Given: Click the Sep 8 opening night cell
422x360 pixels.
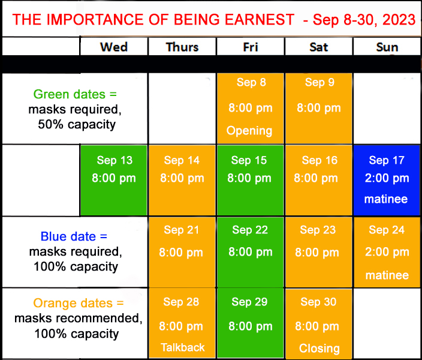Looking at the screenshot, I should pos(251,108).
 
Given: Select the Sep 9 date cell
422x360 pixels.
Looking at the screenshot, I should pos(319,108).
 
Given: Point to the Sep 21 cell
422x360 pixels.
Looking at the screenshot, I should pos(182,252).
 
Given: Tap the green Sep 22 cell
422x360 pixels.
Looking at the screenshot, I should pos(250,252).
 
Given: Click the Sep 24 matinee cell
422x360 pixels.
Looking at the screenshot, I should pos(387,252).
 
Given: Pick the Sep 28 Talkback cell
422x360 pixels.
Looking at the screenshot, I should pos(182,324).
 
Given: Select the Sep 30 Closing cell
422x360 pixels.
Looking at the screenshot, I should pos(319,324).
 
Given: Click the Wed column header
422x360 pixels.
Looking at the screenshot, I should pos(114,47).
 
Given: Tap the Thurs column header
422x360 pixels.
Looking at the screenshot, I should pos(182,47).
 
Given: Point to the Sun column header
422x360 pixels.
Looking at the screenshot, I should pos(387,47).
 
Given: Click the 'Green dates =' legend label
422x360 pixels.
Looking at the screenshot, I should pos(75,94).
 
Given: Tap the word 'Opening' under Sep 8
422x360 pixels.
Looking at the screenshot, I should pos(249,131).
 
